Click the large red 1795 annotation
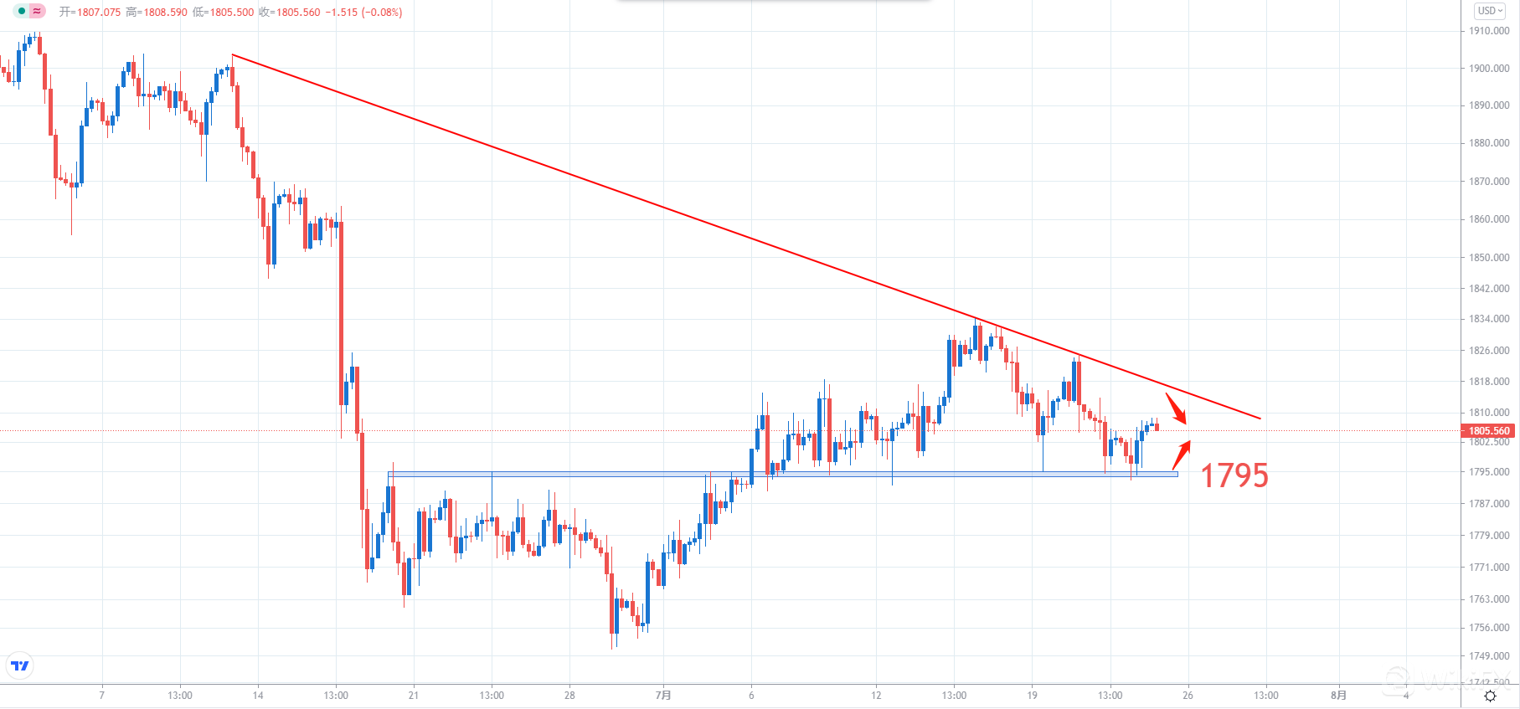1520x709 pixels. click(1234, 475)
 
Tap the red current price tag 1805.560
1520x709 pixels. click(1489, 431)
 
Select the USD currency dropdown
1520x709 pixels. click(1490, 11)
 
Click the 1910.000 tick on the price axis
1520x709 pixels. click(1489, 31)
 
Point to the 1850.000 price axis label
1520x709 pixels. click(1489, 257)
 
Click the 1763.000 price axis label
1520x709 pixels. click(1489, 599)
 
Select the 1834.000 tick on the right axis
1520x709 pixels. click(1489, 319)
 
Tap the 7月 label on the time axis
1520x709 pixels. click(663, 696)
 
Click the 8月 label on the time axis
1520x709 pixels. click(1338, 696)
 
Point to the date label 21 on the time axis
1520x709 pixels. click(414, 696)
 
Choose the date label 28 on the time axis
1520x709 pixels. click(569, 696)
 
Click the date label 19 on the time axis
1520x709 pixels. click(1032, 696)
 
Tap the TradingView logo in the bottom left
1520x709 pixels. click(19, 666)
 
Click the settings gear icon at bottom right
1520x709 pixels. click(1490, 696)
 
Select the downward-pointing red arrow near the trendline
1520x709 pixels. click(1177, 408)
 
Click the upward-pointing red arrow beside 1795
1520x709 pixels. click(1182, 454)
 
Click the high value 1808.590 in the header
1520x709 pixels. click(164, 13)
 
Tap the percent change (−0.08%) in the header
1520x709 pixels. click(381, 13)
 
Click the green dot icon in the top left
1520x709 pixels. click(22, 11)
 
